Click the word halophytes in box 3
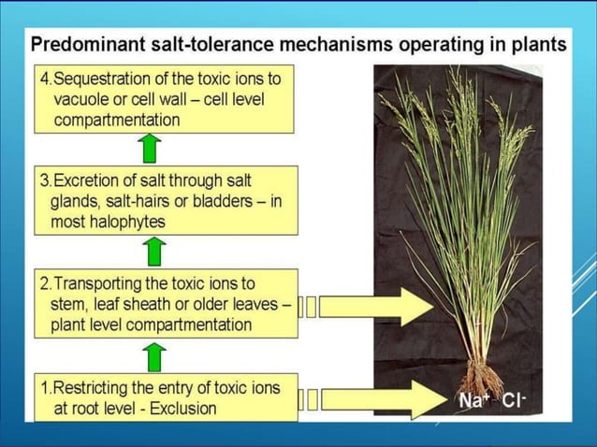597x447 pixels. [x=130, y=223]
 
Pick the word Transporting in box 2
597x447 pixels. [x=104, y=282]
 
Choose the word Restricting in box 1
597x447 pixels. [x=96, y=387]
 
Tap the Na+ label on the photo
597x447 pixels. [x=474, y=401]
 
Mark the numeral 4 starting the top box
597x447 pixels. [x=44, y=78]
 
